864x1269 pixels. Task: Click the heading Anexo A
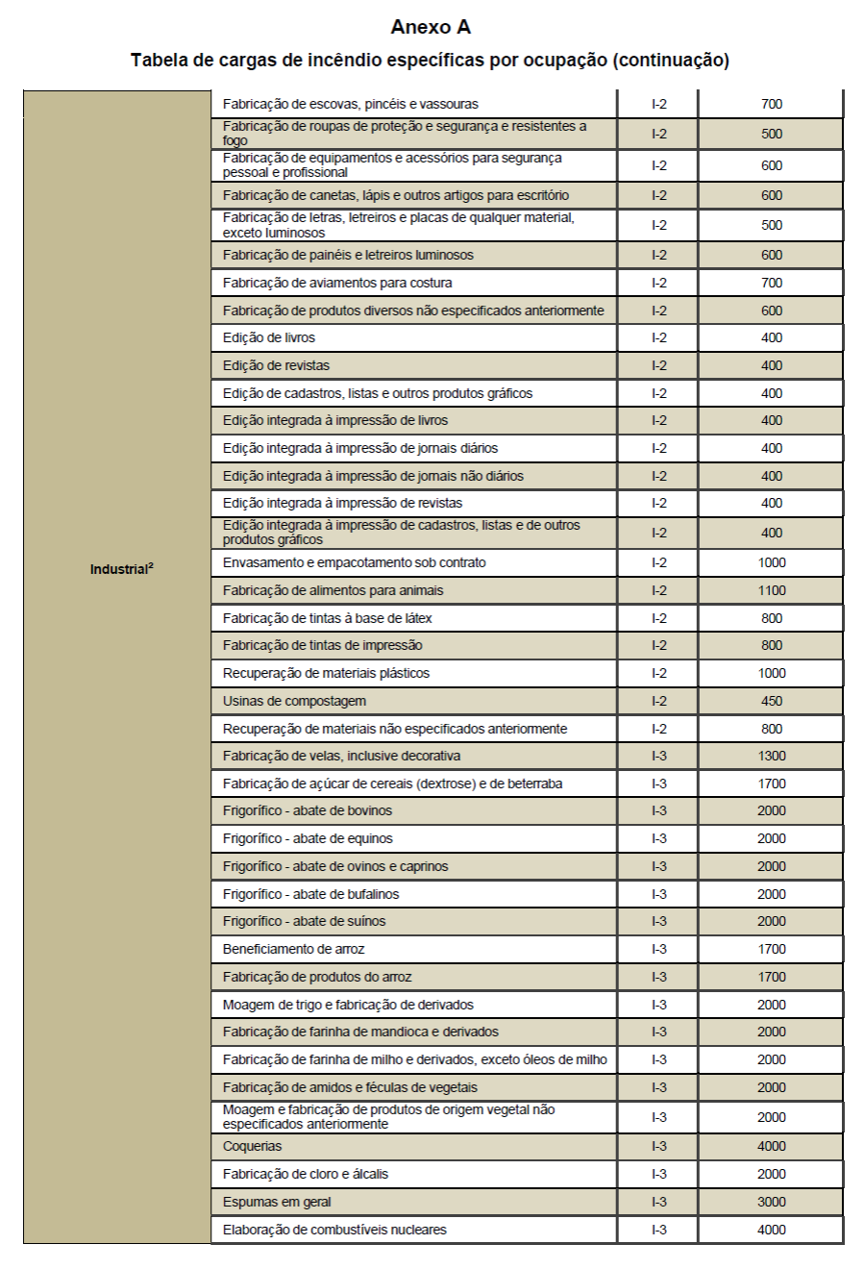[431, 27]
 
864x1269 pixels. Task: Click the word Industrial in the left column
[119, 569]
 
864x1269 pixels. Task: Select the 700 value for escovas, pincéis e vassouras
[771, 104]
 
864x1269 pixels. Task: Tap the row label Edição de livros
[269, 337]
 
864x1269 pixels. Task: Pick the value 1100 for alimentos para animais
[771, 590]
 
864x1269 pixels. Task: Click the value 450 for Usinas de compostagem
[771, 701]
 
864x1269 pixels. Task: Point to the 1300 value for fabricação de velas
[771, 756]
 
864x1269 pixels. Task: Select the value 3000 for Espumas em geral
[771, 1202]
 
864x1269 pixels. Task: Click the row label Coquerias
[253, 1146]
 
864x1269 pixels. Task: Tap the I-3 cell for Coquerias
[658, 1146]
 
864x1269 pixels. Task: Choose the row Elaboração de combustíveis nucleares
[334, 1230]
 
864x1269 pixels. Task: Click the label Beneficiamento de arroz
[294, 949]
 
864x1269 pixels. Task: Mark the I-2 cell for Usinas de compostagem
[658, 701]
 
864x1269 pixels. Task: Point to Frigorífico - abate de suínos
[304, 921]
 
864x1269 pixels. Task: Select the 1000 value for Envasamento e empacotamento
[771, 562]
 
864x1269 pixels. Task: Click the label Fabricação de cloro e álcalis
[306, 1174]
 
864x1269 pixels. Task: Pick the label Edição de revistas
[276, 365]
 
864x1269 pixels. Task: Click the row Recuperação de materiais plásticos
[326, 673]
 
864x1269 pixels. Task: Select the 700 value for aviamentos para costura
[771, 283]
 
